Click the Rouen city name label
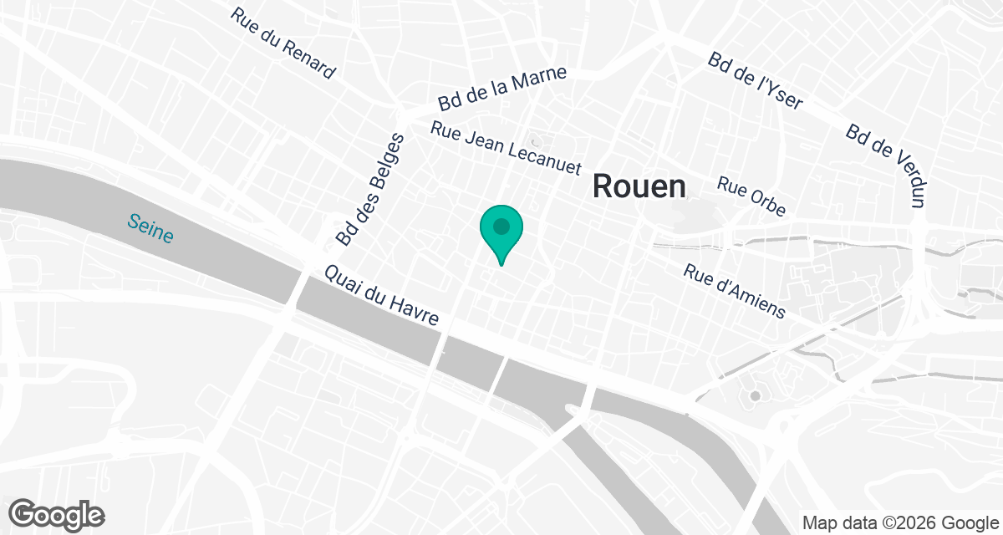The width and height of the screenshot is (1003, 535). (639, 186)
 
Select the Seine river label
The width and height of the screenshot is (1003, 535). (150, 228)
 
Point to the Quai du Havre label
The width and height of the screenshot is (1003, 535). (388, 297)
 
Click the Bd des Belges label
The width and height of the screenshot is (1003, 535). (370, 190)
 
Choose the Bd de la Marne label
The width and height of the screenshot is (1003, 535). (502, 89)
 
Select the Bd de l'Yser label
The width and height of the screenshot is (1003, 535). (755, 82)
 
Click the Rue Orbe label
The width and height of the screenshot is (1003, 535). (751, 196)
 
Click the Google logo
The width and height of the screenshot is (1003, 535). (57, 514)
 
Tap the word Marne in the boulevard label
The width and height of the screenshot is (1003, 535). (539, 80)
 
